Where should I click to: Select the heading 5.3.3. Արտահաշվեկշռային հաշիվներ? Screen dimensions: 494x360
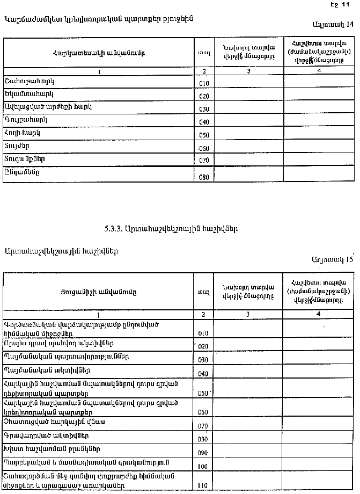point(171,228)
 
